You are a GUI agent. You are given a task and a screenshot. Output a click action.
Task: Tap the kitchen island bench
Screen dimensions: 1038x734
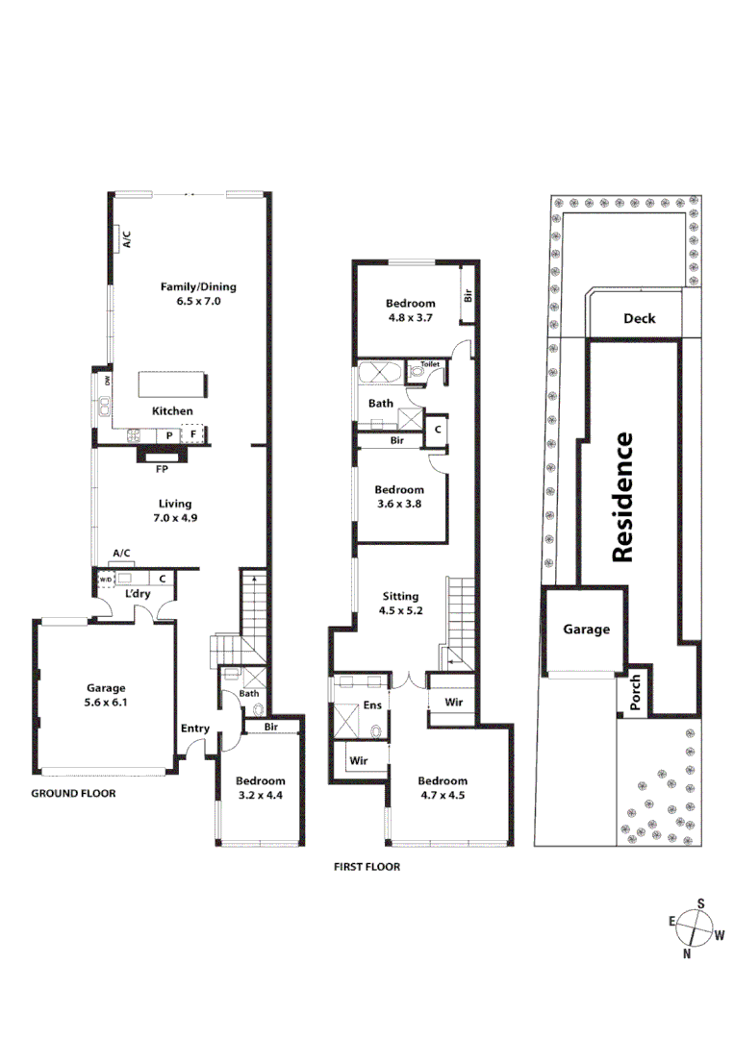pos(173,384)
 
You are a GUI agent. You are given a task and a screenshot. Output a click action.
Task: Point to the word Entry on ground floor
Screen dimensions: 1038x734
pos(195,729)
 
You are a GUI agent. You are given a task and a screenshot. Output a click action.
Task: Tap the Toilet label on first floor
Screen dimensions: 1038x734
pos(429,365)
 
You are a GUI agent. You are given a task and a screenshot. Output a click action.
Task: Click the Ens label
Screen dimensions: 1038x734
pos(372,706)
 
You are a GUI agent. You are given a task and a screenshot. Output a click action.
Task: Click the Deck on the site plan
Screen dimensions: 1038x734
pos(639,318)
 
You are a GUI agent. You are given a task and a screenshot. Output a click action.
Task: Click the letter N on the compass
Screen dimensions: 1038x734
pos(687,954)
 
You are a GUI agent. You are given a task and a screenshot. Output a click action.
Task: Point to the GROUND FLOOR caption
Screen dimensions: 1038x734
pos(73,794)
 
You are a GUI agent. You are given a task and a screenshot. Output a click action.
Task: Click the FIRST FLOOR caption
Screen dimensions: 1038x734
pos(367,867)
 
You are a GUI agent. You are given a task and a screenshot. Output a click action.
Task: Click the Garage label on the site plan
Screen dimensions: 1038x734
pos(587,630)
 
